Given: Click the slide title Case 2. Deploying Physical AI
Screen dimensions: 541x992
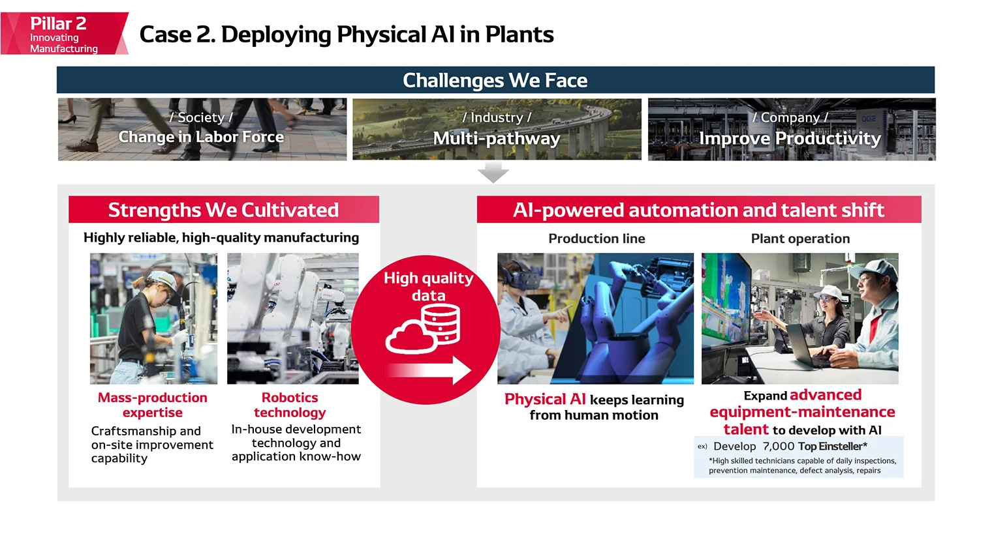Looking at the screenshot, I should (x=346, y=35).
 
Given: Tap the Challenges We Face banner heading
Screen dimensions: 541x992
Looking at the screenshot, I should (x=495, y=80).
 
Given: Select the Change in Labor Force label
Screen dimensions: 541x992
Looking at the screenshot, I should (x=201, y=137).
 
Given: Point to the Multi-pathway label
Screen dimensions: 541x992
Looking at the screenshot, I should (x=496, y=138).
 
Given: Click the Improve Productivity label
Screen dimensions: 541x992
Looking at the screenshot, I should (x=790, y=138).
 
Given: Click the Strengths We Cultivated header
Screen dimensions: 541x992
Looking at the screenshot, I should (x=223, y=210).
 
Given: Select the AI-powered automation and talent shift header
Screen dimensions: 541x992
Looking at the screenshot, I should (x=698, y=210).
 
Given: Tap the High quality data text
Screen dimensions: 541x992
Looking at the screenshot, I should (x=428, y=286).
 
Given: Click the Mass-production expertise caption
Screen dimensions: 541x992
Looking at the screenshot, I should (x=153, y=405).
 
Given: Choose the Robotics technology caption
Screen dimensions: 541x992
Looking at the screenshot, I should (x=290, y=405).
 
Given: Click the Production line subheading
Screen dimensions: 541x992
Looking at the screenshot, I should (x=597, y=239).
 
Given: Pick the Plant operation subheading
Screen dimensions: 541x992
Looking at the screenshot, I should (x=800, y=239).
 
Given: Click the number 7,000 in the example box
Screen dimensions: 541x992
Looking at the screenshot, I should (x=779, y=446).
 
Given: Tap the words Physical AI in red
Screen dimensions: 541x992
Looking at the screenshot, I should (x=545, y=399).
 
